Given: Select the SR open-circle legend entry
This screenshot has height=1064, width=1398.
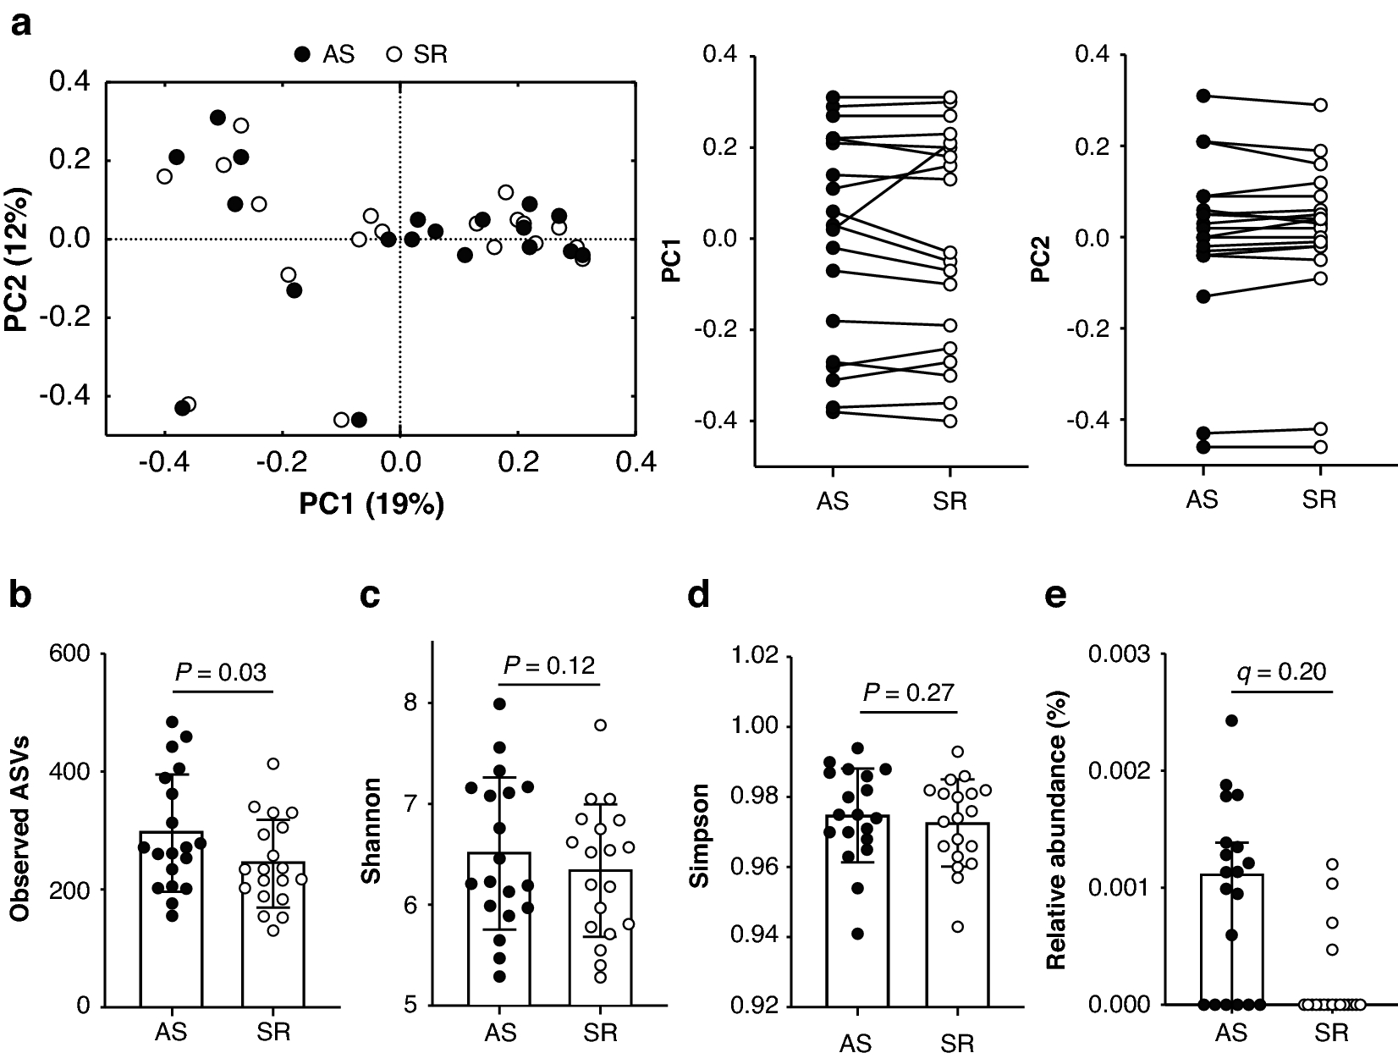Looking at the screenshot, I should click(x=416, y=54).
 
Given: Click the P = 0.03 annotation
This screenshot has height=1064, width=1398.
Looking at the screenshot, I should click(x=221, y=672).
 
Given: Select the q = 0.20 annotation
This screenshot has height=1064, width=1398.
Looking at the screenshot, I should click(x=1280, y=672).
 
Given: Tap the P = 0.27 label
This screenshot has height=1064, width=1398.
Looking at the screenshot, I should click(x=908, y=693).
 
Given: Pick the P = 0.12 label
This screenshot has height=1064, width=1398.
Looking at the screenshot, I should click(x=548, y=665).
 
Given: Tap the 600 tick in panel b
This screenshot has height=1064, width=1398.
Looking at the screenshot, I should click(x=72, y=654).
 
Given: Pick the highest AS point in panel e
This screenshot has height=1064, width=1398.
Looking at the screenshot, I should click(x=1232, y=720).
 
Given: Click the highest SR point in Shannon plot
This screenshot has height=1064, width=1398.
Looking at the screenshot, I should click(x=601, y=725).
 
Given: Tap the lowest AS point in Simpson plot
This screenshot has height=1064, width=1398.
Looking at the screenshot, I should click(x=857, y=934).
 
